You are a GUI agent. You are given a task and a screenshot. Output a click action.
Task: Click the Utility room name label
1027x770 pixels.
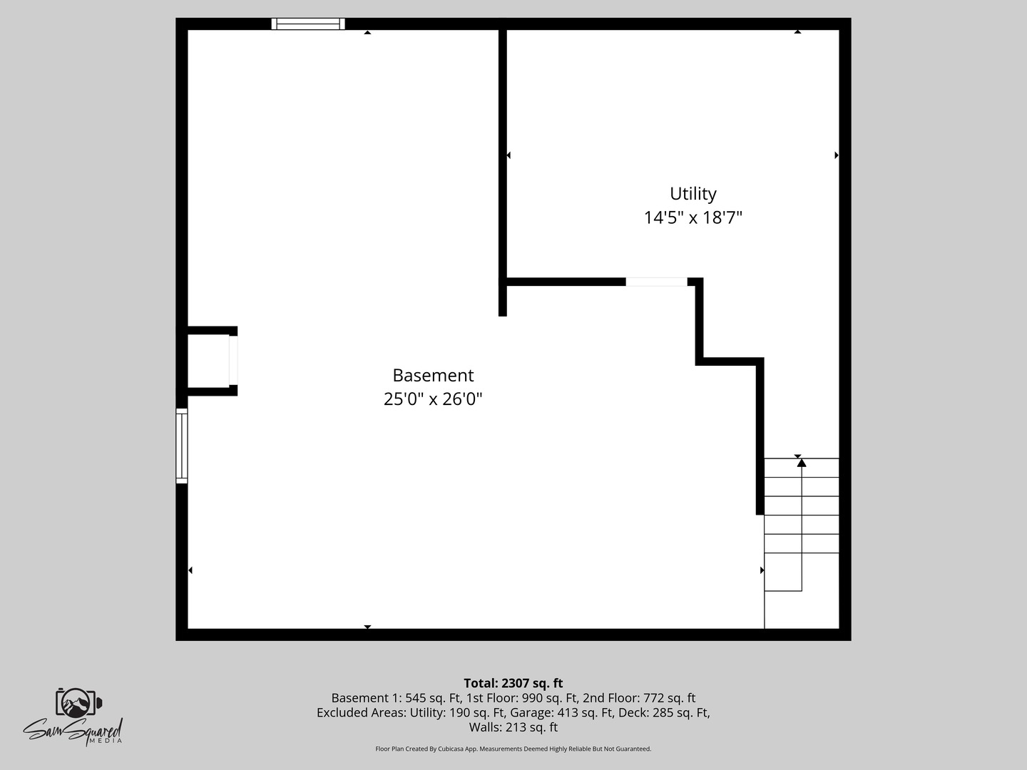pos(693,194)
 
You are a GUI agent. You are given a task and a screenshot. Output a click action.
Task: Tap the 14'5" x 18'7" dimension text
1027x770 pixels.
pos(693,217)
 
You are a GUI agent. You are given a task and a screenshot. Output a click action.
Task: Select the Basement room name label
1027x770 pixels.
pos(433,376)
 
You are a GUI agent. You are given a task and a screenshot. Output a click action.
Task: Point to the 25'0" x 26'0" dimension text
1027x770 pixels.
pos(433,399)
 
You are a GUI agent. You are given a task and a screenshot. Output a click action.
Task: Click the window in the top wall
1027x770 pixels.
pos(308,24)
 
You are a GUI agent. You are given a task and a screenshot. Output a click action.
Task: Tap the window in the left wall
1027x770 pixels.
pos(182,446)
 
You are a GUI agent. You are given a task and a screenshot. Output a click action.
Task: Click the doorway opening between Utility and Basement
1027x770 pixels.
pos(656,282)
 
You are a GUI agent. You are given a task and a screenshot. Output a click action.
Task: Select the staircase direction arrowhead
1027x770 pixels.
pos(802,463)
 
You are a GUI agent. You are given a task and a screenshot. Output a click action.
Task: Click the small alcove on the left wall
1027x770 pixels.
pos(208,361)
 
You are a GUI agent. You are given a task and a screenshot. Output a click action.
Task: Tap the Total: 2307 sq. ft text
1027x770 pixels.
pos(513,683)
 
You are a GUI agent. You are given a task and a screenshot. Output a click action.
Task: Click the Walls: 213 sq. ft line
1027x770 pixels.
pos(513,728)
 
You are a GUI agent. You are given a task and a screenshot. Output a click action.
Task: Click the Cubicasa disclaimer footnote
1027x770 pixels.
pos(513,749)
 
